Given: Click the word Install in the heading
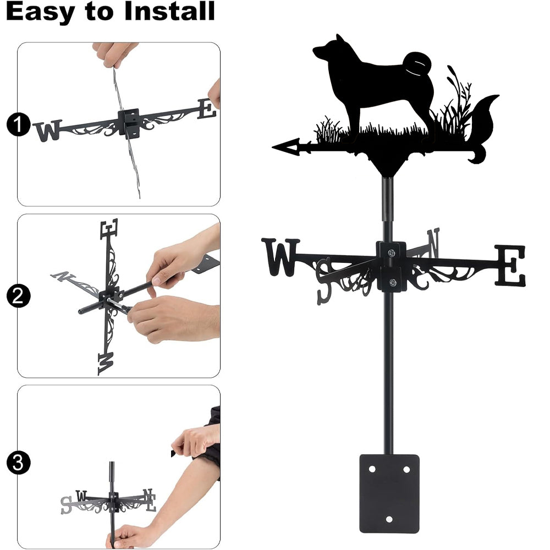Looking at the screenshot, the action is (x=169, y=11).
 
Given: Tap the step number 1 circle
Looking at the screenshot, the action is (x=18, y=124).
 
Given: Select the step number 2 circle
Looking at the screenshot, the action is (x=18, y=296).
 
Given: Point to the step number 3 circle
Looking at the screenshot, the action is (x=18, y=463).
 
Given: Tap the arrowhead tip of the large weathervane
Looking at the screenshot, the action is (x=273, y=147).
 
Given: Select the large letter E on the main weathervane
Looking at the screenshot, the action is (x=510, y=266).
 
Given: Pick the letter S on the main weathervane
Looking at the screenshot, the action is (x=325, y=280).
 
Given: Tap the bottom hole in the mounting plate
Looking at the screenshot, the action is (x=389, y=519).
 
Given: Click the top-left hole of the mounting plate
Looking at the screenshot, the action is (x=372, y=469).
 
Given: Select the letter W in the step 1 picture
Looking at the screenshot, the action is (x=48, y=131).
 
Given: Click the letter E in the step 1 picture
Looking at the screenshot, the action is (x=207, y=109).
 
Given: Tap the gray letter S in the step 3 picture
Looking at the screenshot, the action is (x=66, y=505).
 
